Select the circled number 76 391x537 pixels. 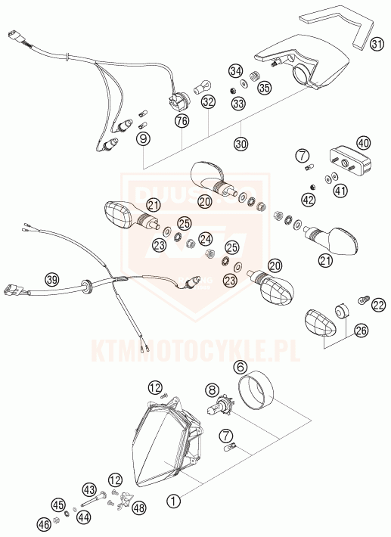tap(182, 120)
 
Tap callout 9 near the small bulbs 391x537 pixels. tap(144, 138)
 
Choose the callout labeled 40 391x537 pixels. tap(363, 142)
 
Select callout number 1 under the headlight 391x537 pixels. tap(174, 500)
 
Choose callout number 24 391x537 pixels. tap(206, 238)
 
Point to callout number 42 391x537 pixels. tap(307, 200)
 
